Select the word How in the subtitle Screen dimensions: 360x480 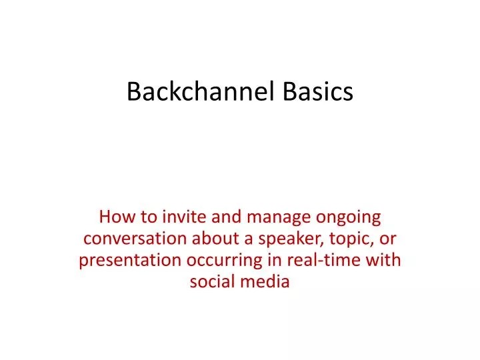coord(113,217)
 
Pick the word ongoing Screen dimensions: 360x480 coord(347,217)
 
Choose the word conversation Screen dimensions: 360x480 coord(136,239)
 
